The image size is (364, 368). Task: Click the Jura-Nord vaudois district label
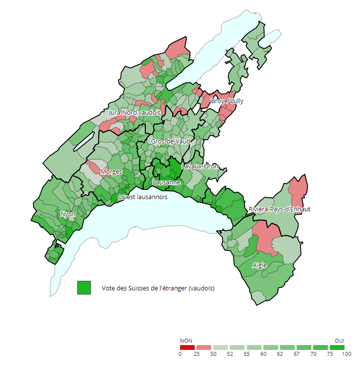point(134,112)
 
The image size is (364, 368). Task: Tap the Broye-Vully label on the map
point(227,101)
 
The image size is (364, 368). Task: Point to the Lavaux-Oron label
point(200,166)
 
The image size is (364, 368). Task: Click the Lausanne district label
point(166,183)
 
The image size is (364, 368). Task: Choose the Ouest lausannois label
point(142,197)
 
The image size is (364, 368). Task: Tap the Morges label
point(111,172)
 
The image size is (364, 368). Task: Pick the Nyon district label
point(68,214)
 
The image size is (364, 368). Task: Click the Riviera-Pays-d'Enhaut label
point(279,209)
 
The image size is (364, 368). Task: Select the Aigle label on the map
point(260,266)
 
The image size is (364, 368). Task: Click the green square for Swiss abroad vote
point(84,288)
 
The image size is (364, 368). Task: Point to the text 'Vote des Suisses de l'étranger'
point(158,288)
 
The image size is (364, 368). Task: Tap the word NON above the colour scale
point(185,340)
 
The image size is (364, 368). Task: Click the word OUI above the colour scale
point(339,340)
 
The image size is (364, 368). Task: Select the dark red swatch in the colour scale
point(187,347)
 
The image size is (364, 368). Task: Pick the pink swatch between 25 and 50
point(203,347)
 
